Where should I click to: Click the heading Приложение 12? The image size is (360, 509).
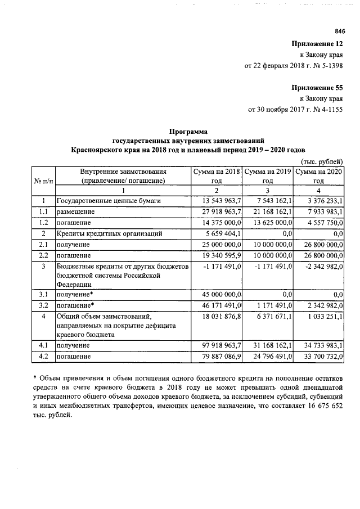coord(317,44)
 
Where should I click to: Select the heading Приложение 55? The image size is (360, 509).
coord(317,88)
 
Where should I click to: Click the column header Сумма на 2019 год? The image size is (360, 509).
coord(268,176)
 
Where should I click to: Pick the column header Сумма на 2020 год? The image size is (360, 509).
coord(319,176)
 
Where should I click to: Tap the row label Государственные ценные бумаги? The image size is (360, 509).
coord(109,201)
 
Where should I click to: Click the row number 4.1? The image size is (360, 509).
coord(43,345)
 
